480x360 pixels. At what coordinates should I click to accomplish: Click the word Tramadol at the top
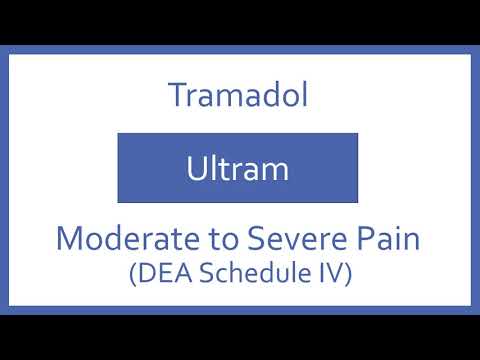(238, 96)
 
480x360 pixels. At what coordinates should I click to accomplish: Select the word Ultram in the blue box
(238, 169)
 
